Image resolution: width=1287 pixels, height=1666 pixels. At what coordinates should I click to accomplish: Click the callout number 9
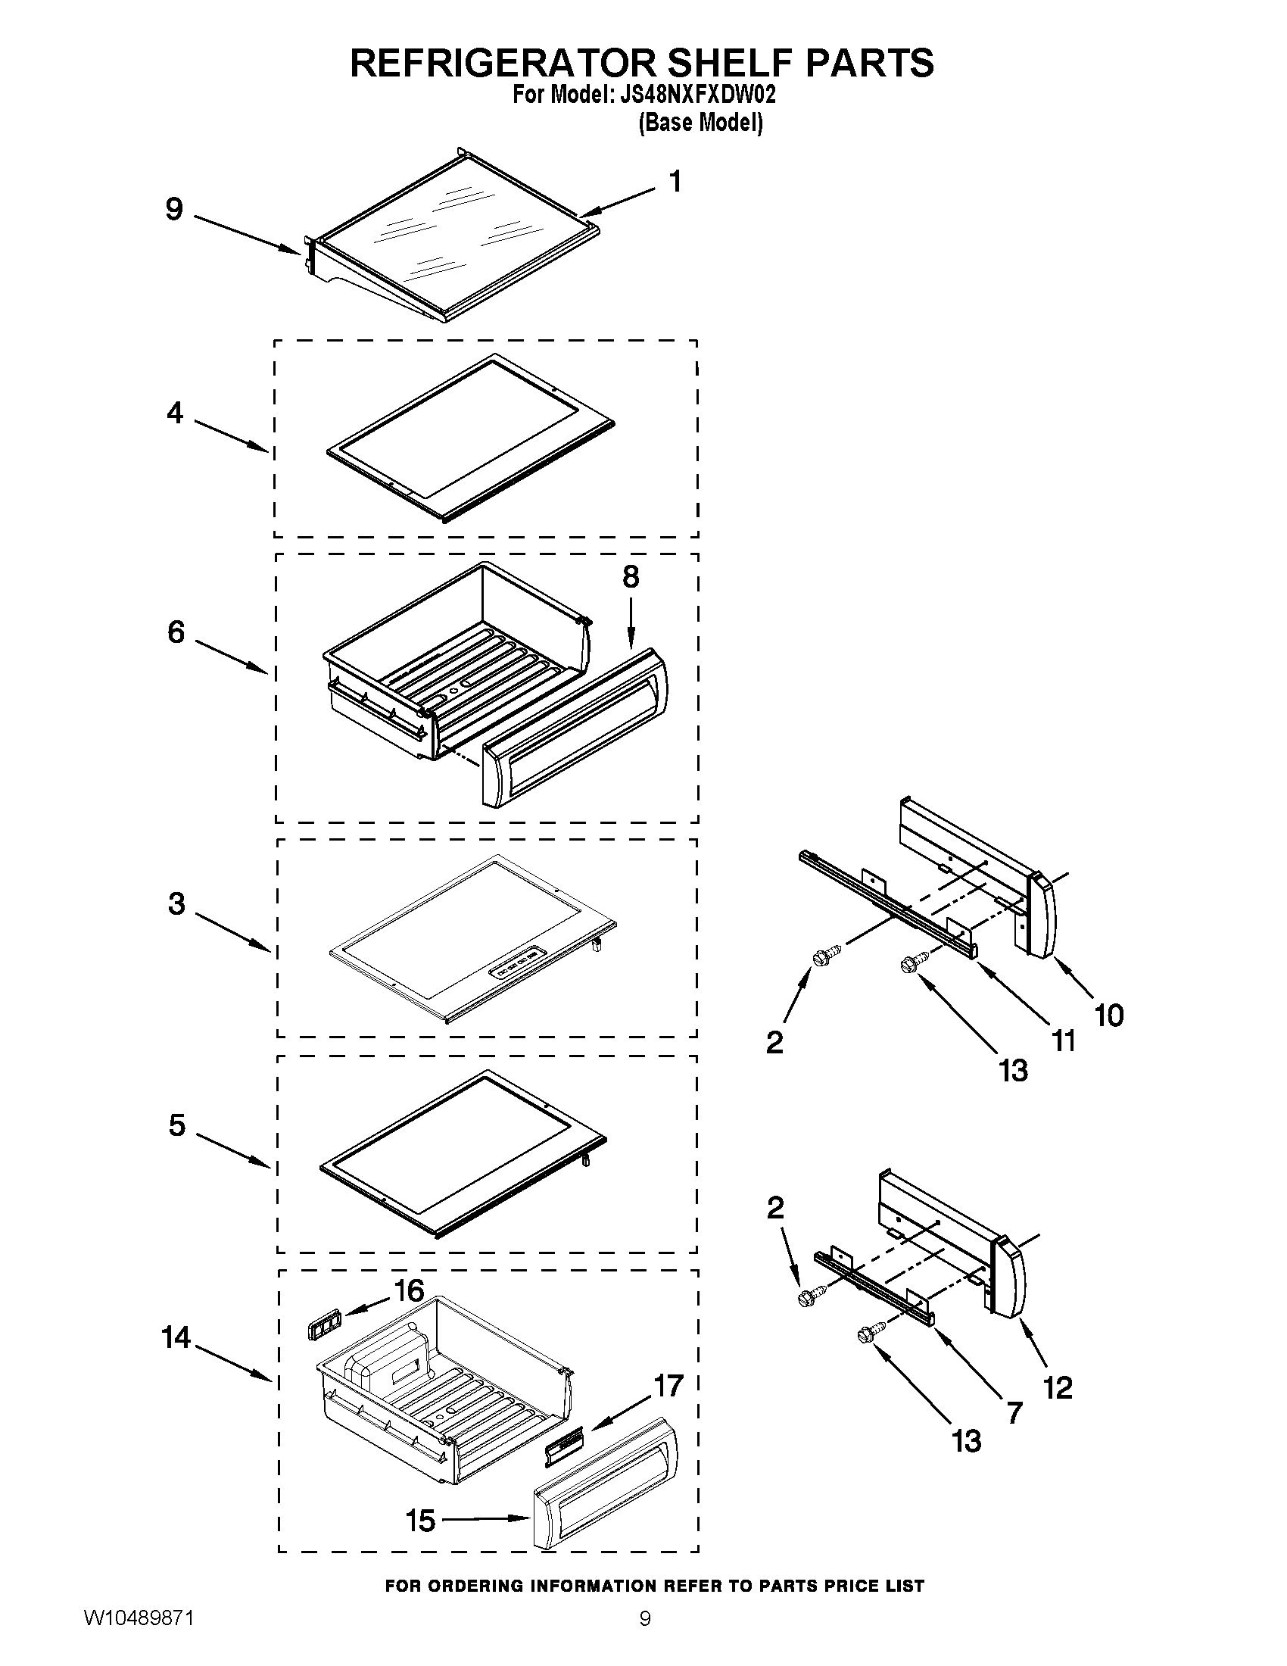tap(175, 209)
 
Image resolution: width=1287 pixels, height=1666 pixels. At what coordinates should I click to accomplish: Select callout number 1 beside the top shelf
tap(675, 182)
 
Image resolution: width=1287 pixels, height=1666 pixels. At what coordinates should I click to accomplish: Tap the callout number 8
tap(631, 578)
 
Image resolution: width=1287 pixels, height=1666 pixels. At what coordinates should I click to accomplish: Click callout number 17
tap(668, 1386)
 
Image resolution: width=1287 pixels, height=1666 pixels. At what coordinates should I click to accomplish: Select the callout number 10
tap(1109, 1016)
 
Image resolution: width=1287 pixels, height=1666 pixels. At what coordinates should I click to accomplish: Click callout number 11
tap(1063, 1040)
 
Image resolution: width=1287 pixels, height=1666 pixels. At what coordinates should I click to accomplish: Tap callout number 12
tap(1058, 1387)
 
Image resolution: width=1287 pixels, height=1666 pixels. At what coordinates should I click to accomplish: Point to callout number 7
tap(1013, 1413)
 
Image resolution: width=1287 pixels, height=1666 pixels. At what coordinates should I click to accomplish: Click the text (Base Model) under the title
tap(700, 123)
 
